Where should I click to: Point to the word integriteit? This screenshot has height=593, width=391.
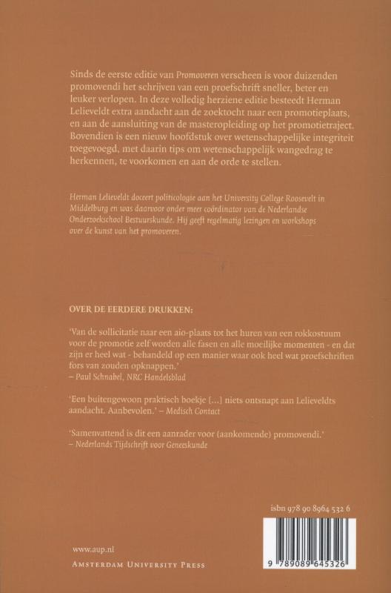[309, 139]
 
